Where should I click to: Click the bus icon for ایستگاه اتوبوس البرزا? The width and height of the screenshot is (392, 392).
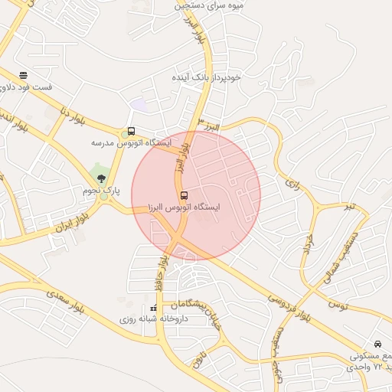coord(183,194)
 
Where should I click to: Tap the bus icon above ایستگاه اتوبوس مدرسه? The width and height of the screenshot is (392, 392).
coord(131,131)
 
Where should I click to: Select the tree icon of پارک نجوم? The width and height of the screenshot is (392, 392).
coord(102,178)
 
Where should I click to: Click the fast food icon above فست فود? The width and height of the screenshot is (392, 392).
coord(23,75)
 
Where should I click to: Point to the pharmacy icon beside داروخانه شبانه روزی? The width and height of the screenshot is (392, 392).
coord(153,309)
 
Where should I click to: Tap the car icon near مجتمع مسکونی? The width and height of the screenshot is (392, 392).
coord(377,344)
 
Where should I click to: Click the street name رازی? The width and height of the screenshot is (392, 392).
coord(293,183)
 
